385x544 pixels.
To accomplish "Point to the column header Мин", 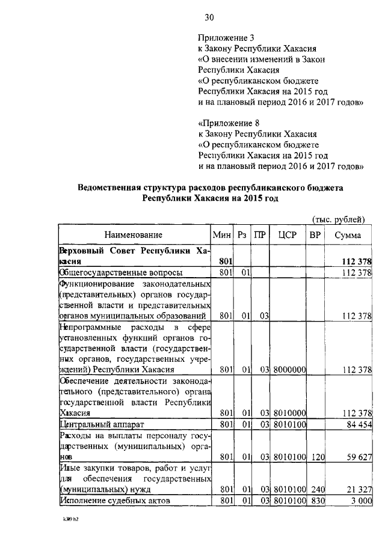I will click(x=223, y=235).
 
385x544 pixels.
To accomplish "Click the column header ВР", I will click(x=315, y=235).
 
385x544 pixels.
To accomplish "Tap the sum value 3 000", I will click(x=360, y=500).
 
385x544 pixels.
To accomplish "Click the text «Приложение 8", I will click(x=229, y=123).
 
